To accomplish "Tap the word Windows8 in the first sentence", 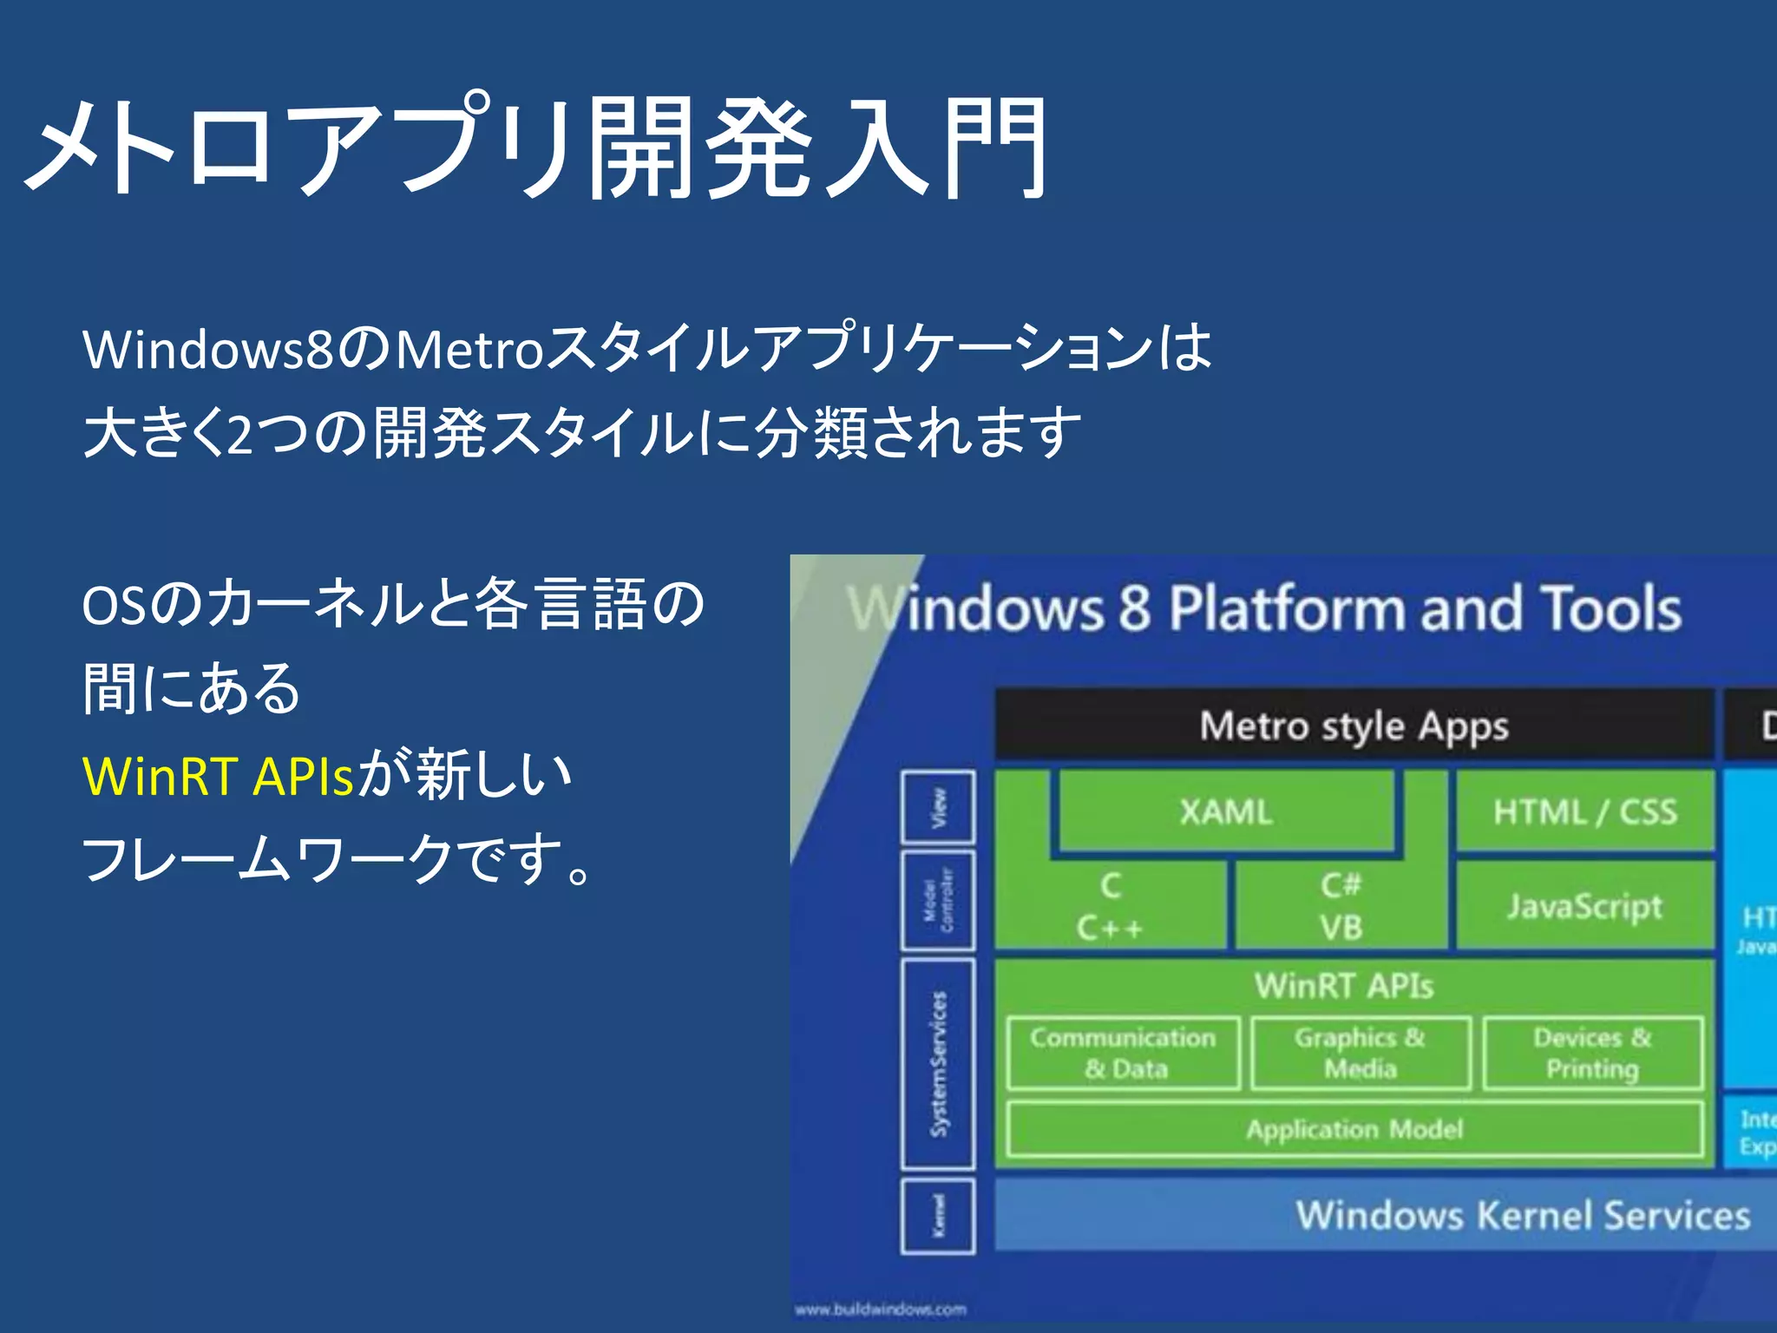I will tap(208, 349).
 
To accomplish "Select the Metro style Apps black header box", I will tap(1354, 726).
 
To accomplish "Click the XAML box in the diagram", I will tap(1225, 812).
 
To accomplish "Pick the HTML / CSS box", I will tap(1584, 812).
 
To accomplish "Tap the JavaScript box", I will tap(1584, 906).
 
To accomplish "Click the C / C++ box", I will tap(1111, 906).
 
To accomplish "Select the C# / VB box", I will tap(1341, 906).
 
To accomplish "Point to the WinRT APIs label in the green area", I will tap(1343, 986).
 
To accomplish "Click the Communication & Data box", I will tap(1124, 1053).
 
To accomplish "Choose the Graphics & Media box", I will tap(1361, 1053).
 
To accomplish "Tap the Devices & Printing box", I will tap(1593, 1053).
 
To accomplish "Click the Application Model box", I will tap(1354, 1129).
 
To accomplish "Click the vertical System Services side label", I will tap(938, 1063).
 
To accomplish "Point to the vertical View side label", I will tap(938, 807).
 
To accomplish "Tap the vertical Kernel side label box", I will tap(938, 1215).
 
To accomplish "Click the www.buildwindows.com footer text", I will tap(880, 1309).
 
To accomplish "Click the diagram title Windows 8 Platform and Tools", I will tap(1265, 607).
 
